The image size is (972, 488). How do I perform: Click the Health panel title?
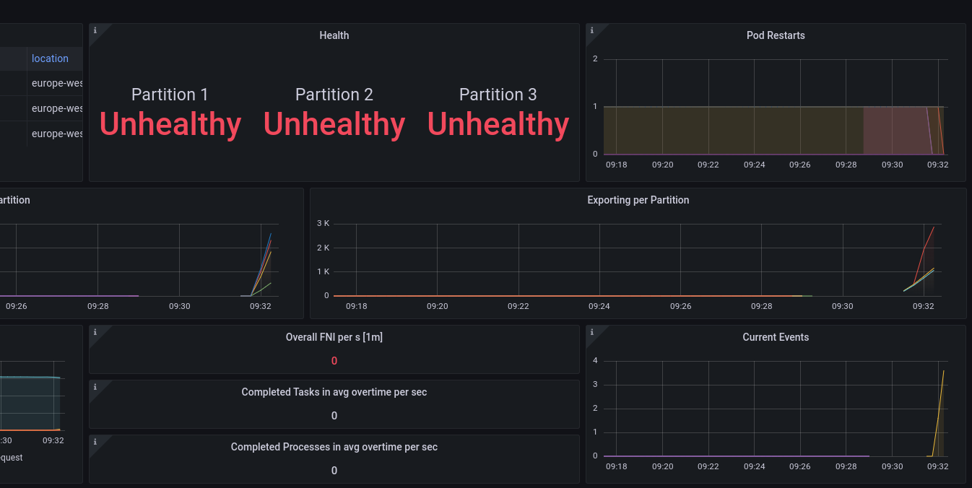click(x=334, y=35)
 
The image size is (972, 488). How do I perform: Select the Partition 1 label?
click(x=170, y=95)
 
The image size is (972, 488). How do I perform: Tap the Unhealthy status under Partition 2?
click(x=334, y=124)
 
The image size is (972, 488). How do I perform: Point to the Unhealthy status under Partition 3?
click(x=498, y=124)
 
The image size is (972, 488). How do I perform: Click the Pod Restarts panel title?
click(x=776, y=35)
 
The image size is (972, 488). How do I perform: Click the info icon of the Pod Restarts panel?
click(x=592, y=30)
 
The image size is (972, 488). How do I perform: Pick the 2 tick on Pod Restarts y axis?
click(x=595, y=58)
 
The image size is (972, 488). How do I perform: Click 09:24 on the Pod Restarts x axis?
click(x=754, y=165)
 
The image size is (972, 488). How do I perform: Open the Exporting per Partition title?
click(x=638, y=200)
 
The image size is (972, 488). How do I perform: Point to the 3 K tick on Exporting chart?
click(x=323, y=223)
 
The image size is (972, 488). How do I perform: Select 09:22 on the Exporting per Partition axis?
click(x=518, y=306)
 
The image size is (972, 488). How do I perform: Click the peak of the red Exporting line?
click(x=934, y=227)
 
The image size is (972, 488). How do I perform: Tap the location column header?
click(x=50, y=58)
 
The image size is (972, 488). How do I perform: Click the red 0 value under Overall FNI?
click(x=334, y=361)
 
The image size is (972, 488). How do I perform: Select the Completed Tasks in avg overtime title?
click(x=334, y=392)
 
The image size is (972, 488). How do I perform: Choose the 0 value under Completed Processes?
click(x=334, y=471)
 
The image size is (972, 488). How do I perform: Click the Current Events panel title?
click(x=776, y=337)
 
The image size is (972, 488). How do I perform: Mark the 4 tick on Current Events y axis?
click(x=595, y=360)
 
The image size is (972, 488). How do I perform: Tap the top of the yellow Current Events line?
click(x=944, y=371)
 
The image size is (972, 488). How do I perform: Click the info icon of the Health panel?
click(x=95, y=30)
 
